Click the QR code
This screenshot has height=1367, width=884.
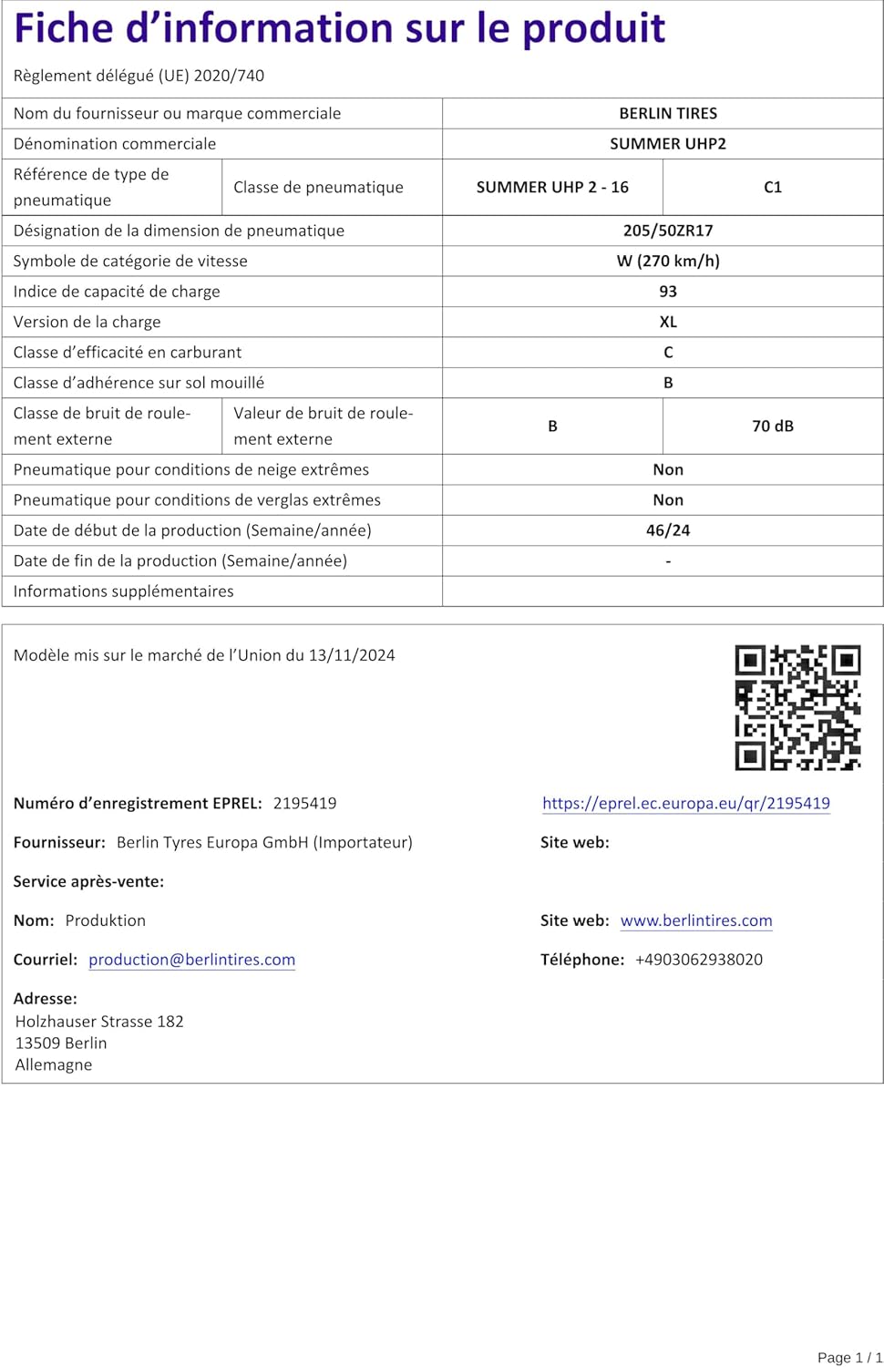797,707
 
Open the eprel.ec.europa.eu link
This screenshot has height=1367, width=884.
685,803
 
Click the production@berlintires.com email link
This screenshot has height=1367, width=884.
191,960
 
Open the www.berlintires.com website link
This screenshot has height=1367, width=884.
696,920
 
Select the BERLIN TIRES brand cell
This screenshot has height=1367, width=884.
668,113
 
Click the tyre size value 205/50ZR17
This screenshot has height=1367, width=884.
668,231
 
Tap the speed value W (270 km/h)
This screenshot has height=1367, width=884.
668,261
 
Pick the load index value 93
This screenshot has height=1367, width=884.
668,292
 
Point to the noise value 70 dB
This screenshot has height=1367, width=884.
773,426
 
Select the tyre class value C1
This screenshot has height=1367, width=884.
773,187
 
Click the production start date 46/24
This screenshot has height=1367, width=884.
668,530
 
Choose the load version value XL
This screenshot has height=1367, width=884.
668,322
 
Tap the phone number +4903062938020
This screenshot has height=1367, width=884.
699,960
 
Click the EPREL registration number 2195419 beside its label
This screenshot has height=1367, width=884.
304,803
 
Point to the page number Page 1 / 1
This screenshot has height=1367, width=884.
849,1357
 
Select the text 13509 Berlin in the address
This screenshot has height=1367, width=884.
61,1043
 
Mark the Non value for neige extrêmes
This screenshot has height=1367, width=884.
668,469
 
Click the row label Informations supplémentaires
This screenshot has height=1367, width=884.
123,591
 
